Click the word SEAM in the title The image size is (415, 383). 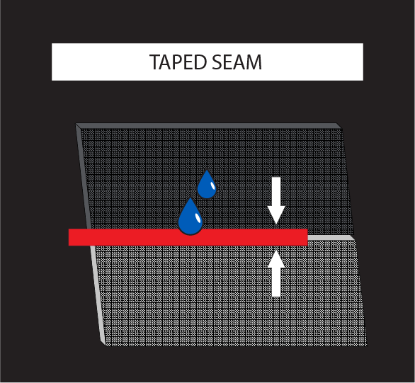pos(237,62)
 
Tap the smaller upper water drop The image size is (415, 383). pos(207,185)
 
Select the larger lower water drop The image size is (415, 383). pos(191,217)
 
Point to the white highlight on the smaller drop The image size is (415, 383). pos(212,185)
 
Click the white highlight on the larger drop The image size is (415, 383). pos(198,217)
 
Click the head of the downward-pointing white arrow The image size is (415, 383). pos(276,214)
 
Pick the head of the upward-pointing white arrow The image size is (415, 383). pos(276,258)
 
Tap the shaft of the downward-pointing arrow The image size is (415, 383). pos(276,191)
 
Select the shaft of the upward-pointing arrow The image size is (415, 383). pos(276,282)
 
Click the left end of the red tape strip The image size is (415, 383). pos(69,237)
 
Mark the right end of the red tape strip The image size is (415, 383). pos(307,237)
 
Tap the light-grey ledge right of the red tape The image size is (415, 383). pos(331,238)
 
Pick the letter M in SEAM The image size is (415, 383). pos(254,62)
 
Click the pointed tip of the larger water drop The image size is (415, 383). pos(190,197)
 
